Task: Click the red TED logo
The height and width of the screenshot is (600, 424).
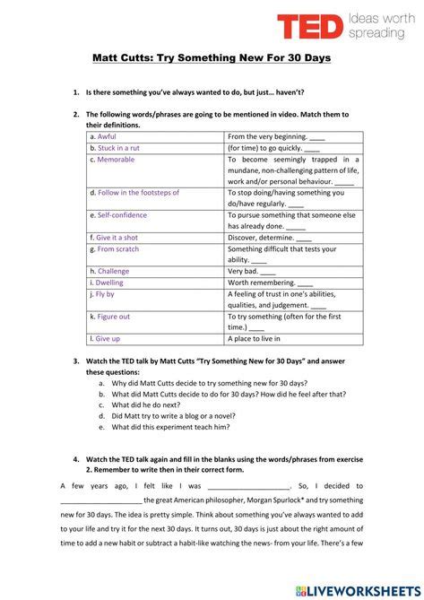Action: pos(310,26)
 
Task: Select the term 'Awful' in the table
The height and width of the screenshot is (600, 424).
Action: pos(107,136)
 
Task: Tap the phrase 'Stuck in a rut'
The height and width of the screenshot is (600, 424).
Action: pos(119,148)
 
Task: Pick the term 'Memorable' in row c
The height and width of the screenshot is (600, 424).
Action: pos(116,159)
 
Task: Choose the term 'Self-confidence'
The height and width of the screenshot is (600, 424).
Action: pos(122,215)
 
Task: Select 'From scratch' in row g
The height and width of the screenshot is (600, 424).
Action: pos(118,249)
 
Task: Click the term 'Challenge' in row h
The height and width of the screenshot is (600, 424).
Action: pos(113,271)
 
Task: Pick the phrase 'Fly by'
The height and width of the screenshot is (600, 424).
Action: pos(105,293)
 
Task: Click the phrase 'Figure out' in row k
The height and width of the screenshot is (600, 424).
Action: pos(114,317)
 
